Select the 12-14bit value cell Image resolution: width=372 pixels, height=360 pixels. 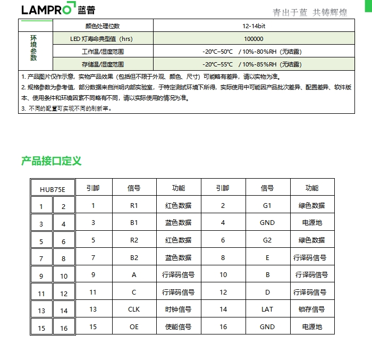[x=253, y=26]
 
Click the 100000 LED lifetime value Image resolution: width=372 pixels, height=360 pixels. [x=253, y=39]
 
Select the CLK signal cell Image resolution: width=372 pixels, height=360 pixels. [x=134, y=309]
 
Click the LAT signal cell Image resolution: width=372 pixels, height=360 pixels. [x=267, y=309]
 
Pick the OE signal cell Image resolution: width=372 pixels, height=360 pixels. [x=134, y=326]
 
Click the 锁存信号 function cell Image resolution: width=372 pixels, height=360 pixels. [x=311, y=309]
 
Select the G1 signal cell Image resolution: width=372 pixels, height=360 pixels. [x=267, y=205]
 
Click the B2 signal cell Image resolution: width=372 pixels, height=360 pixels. [x=134, y=257]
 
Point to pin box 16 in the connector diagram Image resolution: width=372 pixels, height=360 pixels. [x=64, y=328]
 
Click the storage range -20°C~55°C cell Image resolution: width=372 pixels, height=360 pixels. [x=253, y=64]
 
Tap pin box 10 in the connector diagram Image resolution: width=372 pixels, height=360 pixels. [x=64, y=276]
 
